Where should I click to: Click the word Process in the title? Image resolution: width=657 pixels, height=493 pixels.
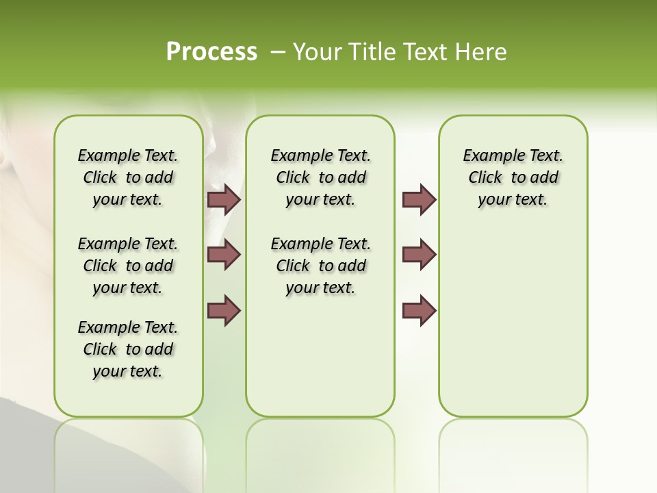click(x=211, y=51)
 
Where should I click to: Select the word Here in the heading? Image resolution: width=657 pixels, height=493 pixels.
click(x=482, y=52)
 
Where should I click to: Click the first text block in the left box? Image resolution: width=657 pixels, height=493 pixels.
click(x=128, y=177)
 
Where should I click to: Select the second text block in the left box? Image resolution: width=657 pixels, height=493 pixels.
click(x=128, y=266)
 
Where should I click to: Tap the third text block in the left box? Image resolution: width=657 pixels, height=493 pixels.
click(x=128, y=349)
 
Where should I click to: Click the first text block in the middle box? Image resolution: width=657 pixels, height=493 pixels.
click(x=320, y=177)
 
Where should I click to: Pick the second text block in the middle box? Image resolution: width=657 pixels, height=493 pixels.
click(x=320, y=266)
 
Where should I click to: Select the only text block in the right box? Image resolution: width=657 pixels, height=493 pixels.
click(x=513, y=177)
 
